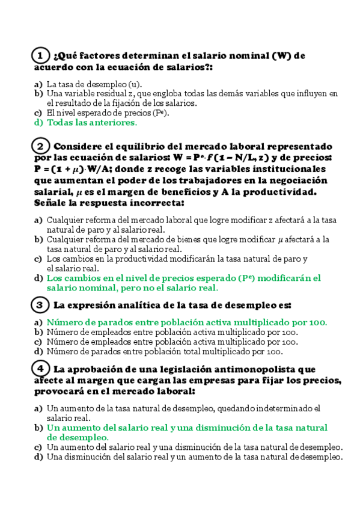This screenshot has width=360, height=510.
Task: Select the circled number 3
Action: (x=40, y=305)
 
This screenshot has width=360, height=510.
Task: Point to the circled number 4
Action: (x=40, y=368)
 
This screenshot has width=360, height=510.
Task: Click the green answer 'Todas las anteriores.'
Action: (x=92, y=123)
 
